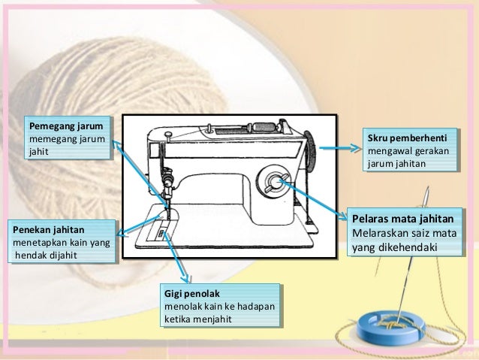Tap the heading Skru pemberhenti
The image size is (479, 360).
point(406,138)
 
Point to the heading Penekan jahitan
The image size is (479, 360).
point(47,229)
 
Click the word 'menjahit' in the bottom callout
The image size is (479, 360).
point(212,319)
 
